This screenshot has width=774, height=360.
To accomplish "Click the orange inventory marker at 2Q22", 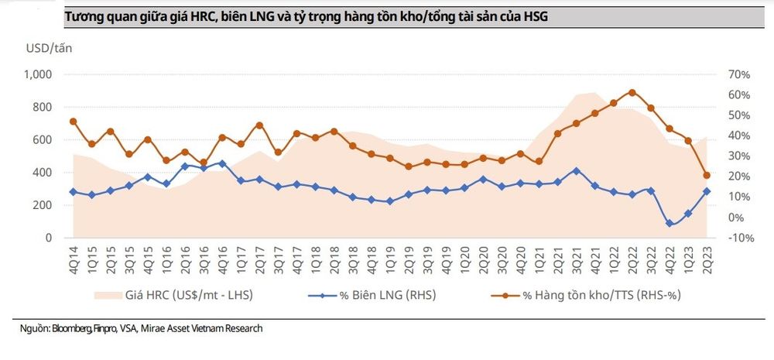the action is [x=632, y=92].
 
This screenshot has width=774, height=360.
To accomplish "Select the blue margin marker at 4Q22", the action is [x=670, y=223].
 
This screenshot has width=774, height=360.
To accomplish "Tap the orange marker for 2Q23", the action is [x=707, y=175].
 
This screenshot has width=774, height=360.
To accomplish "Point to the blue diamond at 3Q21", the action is [x=576, y=171].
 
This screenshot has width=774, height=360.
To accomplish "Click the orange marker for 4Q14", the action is [x=73, y=122].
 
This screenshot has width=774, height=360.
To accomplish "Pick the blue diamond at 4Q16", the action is [x=222, y=163].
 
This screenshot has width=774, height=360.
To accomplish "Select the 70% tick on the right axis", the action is [x=739, y=74].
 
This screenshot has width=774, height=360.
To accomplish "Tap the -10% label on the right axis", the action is [x=741, y=238].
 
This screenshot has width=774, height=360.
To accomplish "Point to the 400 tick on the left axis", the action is [x=43, y=173].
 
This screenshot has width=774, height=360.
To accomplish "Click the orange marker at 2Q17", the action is [x=259, y=125].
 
